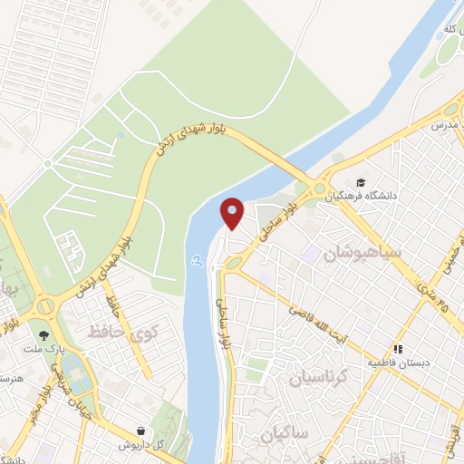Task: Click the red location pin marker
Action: [234, 213]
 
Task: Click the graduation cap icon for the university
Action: [362, 184]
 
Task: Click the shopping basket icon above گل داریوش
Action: [140, 430]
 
